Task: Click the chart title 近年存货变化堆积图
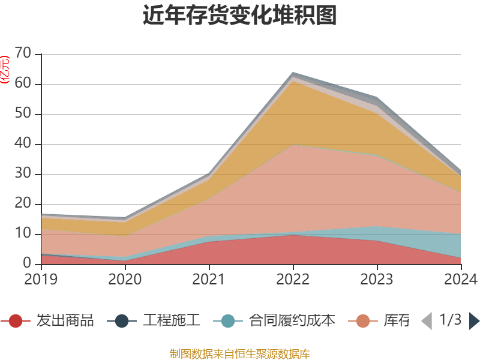point(240,16)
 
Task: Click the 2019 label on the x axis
point(41,280)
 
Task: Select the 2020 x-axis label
point(125,280)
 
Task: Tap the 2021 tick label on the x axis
point(209,280)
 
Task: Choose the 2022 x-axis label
point(293,280)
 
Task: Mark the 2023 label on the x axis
point(377,280)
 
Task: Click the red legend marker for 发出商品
point(16,321)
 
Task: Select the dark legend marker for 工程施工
point(122,321)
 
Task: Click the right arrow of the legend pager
point(474,321)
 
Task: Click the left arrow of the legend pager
point(427,321)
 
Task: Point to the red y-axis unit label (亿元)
point(5,69)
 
